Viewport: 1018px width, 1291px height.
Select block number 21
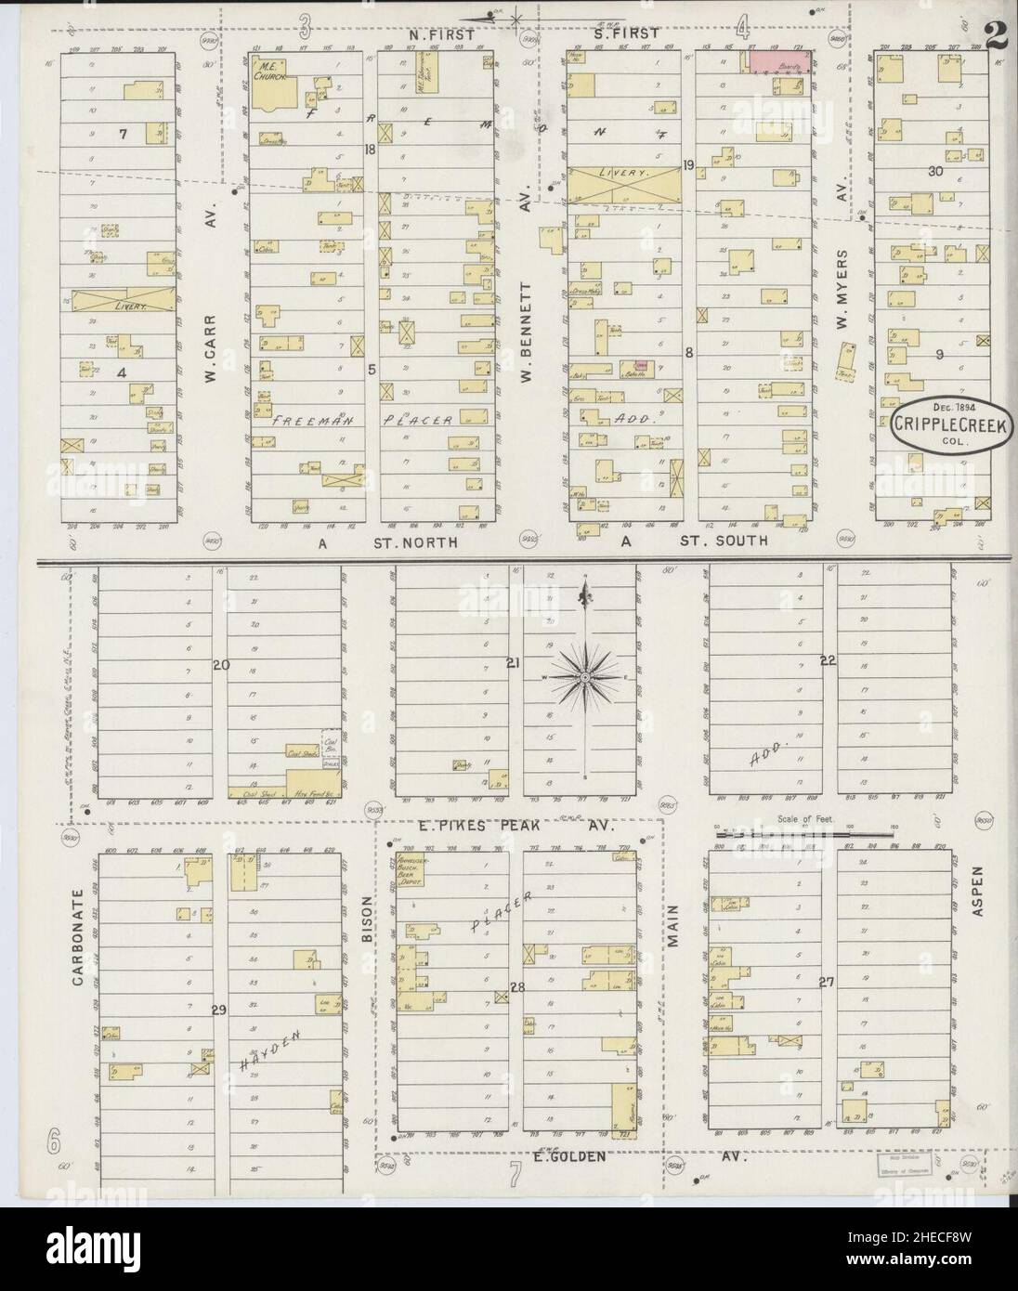512,662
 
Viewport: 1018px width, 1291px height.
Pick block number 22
828,661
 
